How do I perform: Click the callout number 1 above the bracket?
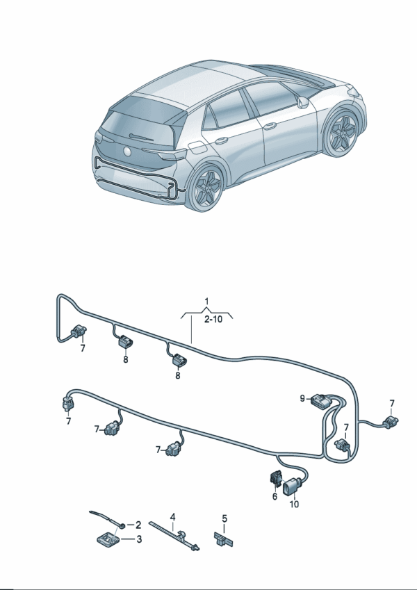[x=206, y=302]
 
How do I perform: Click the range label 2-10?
[x=213, y=320]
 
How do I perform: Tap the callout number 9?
[x=302, y=398]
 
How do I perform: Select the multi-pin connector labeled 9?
[x=319, y=400]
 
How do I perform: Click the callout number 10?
[x=294, y=504]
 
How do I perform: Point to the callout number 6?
[x=275, y=497]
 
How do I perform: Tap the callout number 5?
[x=224, y=519]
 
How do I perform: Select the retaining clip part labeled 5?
[x=223, y=539]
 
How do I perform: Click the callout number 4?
[x=172, y=517]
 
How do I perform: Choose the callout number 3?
[x=139, y=539]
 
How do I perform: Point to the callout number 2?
[x=138, y=525]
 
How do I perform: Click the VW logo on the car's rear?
[x=127, y=151]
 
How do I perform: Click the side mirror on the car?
[x=303, y=102]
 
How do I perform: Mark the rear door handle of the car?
[x=222, y=141]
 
